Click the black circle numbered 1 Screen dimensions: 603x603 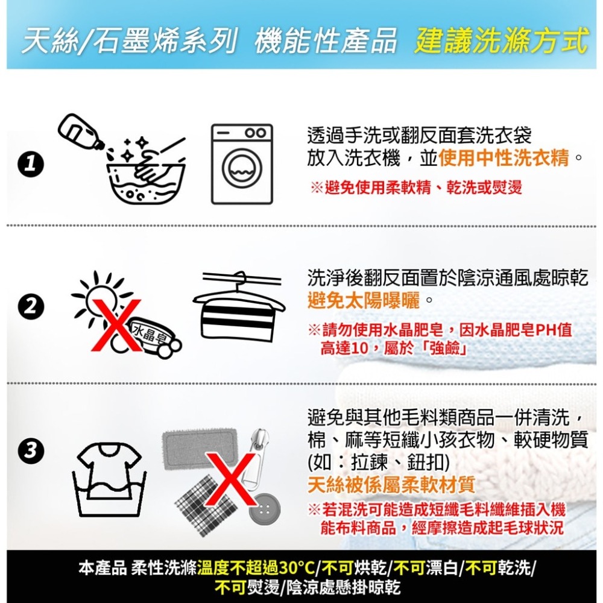[x=31, y=165]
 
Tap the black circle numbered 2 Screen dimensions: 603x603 [x=31, y=307]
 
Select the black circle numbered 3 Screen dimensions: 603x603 [x=31, y=450]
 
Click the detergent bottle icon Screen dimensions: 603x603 [x=80, y=131]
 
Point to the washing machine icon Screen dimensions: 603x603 [x=242, y=164]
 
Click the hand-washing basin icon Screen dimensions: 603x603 [x=146, y=177]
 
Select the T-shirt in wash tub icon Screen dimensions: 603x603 [x=109, y=479]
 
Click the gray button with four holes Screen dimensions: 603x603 [x=264, y=509]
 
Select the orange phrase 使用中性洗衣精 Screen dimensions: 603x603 [x=504, y=157]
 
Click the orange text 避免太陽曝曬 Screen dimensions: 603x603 [x=364, y=300]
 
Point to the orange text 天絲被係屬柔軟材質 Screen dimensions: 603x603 [x=391, y=485]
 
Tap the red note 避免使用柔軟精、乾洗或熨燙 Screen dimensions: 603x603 [x=416, y=188]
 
